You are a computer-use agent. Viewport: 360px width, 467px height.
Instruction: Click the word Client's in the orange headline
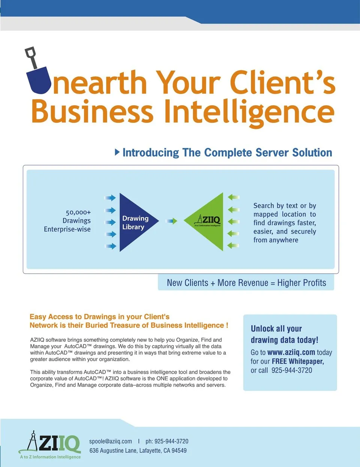(283, 82)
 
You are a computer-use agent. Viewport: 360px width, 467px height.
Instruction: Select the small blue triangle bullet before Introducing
(117, 152)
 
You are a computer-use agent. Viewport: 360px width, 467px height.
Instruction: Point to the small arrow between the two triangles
(172, 221)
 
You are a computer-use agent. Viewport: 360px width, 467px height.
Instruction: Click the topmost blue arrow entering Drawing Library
(110, 198)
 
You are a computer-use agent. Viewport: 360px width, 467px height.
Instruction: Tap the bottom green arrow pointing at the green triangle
(233, 245)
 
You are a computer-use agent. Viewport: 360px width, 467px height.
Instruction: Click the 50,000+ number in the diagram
(78, 213)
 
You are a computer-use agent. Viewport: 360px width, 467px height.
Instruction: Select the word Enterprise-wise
(67, 229)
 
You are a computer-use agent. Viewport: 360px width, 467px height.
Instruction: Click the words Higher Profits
(302, 283)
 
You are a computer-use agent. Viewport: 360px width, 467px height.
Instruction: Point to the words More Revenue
(243, 283)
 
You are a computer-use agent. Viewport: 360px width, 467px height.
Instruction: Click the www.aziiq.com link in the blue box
(291, 352)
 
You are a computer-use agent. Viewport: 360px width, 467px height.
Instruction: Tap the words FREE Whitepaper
(298, 361)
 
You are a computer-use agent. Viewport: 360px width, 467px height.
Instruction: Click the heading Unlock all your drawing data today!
(285, 334)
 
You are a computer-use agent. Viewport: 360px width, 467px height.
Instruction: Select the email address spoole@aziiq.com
(111, 442)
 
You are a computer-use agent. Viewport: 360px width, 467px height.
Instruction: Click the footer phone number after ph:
(171, 441)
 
